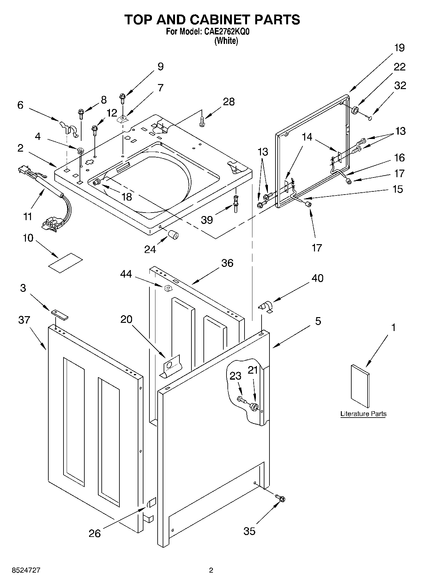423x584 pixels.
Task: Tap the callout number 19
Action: (x=399, y=48)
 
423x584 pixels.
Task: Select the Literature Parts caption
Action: (x=363, y=414)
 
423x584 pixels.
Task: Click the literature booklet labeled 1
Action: (x=360, y=386)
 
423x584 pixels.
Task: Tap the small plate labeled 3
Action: (x=59, y=315)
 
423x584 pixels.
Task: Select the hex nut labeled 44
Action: (x=168, y=287)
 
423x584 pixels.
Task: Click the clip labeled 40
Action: (x=266, y=307)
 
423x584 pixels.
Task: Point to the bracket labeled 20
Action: (x=171, y=366)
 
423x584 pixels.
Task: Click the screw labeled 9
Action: (x=122, y=98)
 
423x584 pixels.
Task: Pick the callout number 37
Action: (x=24, y=320)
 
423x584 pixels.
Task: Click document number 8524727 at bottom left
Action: (x=26, y=570)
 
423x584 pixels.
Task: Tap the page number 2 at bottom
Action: (x=211, y=570)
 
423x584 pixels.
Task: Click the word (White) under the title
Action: (x=226, y=41)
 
